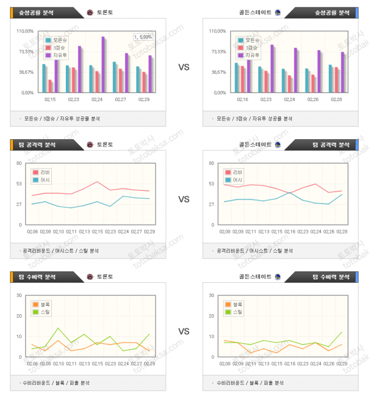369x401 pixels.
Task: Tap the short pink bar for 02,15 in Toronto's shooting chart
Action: [x=50, y=85]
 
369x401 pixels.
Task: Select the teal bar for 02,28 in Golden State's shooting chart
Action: [x=331, y=78]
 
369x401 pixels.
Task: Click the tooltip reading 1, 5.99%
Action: [x=143, y=37]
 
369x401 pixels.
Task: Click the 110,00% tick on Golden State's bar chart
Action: [x=218, y=31]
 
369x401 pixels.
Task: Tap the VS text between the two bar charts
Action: [x=184, y=67]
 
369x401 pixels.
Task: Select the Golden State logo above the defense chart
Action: [x=278, y=277]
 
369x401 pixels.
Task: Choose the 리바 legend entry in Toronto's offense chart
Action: [x=42, y=172]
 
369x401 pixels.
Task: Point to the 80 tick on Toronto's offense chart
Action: [x=19, y=164]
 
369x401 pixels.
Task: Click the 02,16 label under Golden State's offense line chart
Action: [x=290, y=231]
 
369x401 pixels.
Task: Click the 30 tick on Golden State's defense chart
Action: [x=212, y=295]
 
